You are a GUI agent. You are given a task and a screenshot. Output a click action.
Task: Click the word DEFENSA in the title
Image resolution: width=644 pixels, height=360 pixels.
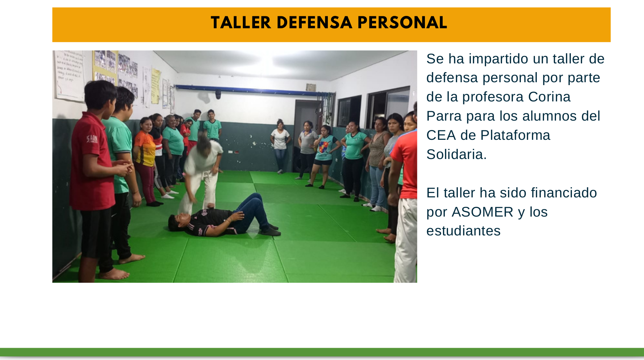[314, 23]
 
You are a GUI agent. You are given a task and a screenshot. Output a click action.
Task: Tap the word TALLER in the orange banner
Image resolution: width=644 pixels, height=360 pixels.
[241, 23]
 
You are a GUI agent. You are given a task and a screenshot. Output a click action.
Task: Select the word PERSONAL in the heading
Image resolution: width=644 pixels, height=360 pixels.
[402, 23]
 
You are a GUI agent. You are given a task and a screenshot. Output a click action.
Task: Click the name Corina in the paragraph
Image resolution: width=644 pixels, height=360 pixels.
[549, 97]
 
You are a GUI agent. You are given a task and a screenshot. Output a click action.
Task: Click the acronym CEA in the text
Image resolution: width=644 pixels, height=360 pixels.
[441, 135]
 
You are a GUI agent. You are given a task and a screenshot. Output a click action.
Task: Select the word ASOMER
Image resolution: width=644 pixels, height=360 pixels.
[482, 212]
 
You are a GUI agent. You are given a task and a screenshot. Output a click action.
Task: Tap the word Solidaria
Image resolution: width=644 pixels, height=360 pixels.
[456, 154]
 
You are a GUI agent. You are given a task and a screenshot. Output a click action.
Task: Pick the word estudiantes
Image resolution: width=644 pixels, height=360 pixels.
[464, 231]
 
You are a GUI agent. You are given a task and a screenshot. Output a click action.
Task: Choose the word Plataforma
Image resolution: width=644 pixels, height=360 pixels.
[515, 135]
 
